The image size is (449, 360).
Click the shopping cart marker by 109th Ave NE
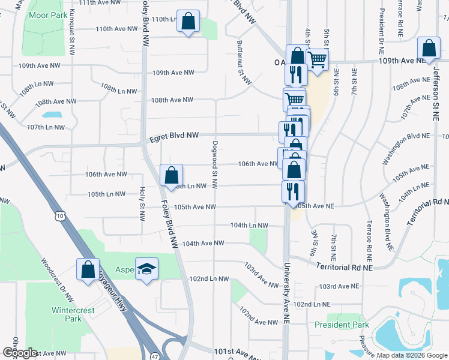pos(317,59)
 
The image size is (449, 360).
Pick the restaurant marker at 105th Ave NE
pos(293,191)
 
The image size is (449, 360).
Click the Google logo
pos(19,353)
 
